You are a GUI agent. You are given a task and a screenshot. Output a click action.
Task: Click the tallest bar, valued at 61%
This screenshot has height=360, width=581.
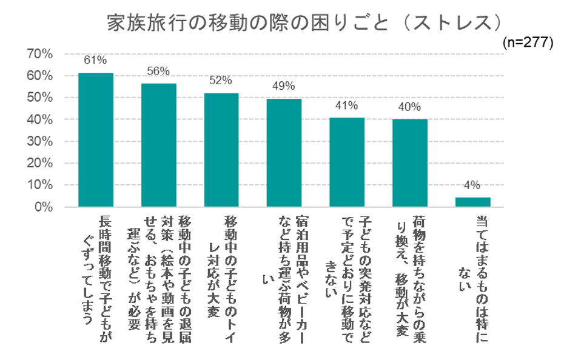pos(96,140)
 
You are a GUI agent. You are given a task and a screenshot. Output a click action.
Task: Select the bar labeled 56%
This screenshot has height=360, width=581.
pos(159,145)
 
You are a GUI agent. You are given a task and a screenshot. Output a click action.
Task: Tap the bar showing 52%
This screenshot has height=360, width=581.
pos(221,150)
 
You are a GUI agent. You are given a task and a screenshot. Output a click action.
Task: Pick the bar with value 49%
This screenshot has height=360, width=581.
pos(284,153)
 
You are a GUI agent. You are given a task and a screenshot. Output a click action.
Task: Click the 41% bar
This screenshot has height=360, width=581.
pos(347,162)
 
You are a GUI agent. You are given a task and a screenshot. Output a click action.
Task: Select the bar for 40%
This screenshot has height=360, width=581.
pos(409,163)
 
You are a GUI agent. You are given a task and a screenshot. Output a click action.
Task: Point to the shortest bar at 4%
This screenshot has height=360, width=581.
pos(472,202)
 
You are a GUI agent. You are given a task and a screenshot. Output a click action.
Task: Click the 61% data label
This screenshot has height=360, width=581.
pos(96,60)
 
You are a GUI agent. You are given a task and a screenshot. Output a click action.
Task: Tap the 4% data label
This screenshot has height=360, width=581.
pos(472,185)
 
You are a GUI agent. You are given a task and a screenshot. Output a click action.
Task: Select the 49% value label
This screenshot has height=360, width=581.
pos(284,85)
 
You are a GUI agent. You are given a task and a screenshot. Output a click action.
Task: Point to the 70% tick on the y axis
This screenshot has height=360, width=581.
pos(41,55)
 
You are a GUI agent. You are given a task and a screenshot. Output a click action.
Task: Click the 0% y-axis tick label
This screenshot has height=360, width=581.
pos(44,207)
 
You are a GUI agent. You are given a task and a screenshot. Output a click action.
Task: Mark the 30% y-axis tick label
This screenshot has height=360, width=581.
pos(41,142)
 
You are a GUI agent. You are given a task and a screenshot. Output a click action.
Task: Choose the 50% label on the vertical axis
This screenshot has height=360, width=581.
pos(41,98)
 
